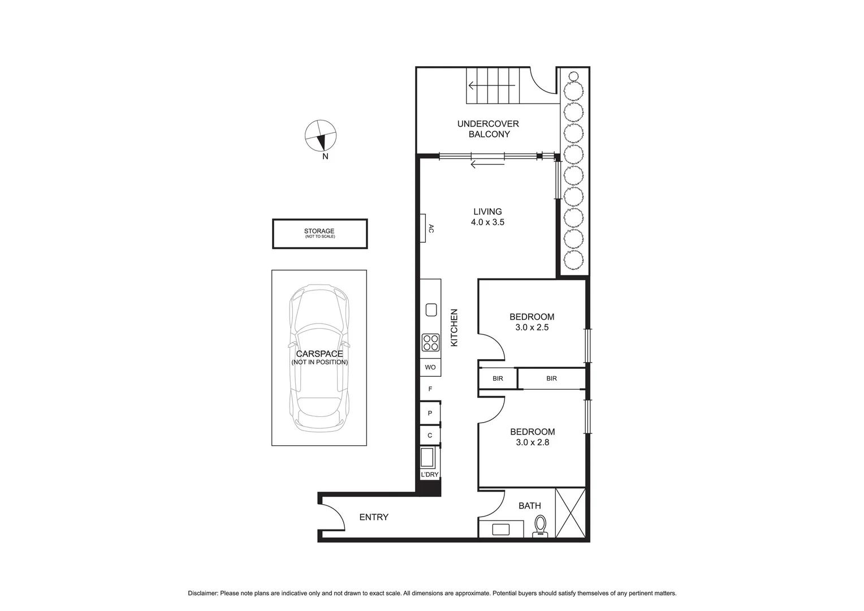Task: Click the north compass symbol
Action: (321, 136)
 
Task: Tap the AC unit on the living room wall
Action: (423, 229)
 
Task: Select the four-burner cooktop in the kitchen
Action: (430, 343)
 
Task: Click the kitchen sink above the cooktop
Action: (430, 310)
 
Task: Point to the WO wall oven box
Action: (430, 367)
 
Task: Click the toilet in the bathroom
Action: (541, 525)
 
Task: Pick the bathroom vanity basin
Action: (500, 530)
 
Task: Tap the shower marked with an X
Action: (570, 513)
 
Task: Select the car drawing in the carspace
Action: (319, 358)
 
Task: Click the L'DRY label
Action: (430, 475)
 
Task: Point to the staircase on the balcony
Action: (493, 85)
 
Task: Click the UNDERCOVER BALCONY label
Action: (488, 129)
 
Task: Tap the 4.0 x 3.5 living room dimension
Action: (487, 222)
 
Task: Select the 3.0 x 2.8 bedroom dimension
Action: (532, 442)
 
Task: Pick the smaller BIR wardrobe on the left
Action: (498, 378)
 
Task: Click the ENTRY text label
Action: (374, 517)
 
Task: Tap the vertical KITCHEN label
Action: (453, 328)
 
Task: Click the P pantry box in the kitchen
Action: (430, 414)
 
